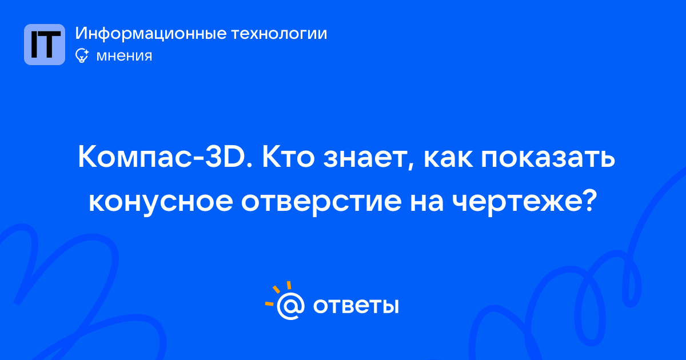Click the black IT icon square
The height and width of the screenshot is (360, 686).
point(45,45)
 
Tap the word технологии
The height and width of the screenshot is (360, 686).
point(279,34)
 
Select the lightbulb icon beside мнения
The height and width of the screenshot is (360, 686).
point(82,56)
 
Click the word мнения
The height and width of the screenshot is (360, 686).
point(124,56)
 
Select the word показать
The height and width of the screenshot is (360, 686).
point(548,159)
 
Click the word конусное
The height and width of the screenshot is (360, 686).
point(161,203)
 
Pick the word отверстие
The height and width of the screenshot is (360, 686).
point(321,203)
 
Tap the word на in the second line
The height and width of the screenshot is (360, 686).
point(426,202)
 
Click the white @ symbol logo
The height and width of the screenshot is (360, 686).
point(290,306)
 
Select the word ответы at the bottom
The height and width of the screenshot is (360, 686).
point(356,306)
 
